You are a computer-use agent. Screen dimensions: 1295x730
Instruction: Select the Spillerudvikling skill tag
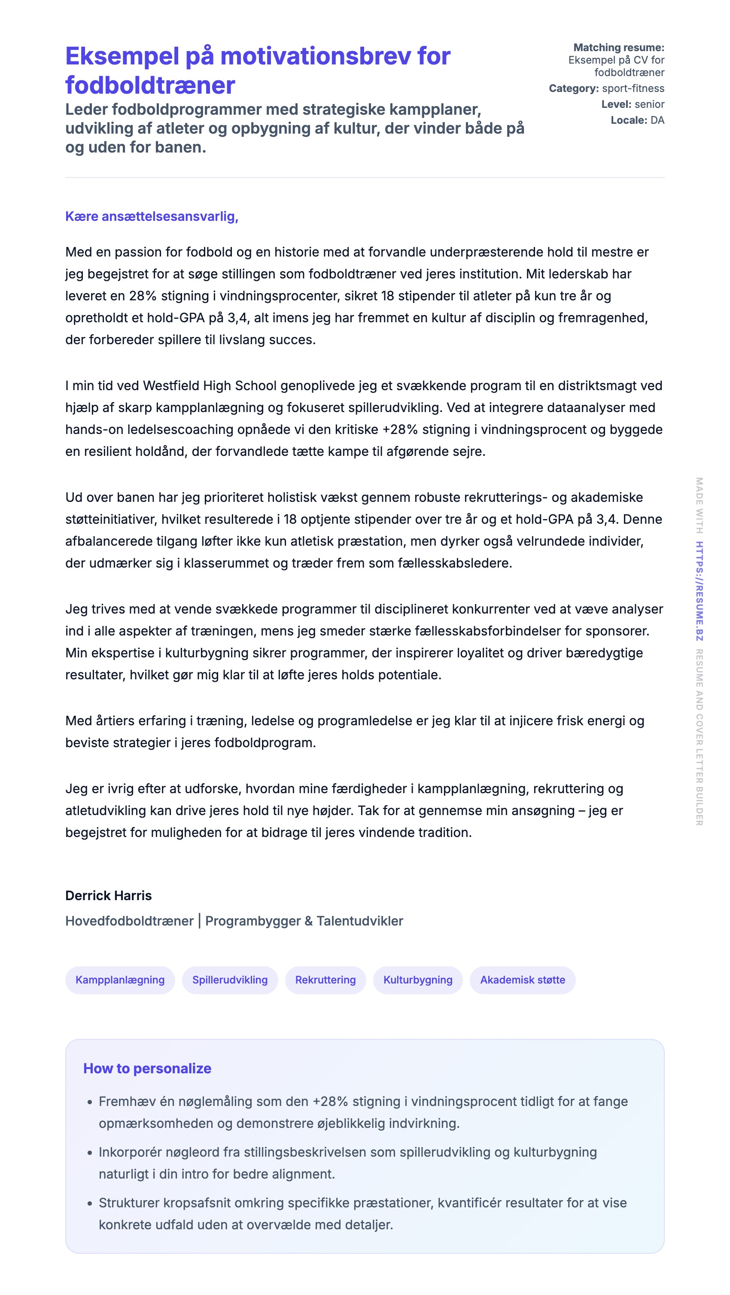click(x=230, y=980)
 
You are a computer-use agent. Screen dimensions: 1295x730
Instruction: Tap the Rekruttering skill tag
click(x=325, y=980)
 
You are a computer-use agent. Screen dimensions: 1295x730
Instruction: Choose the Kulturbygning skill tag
click(x=417, y=980)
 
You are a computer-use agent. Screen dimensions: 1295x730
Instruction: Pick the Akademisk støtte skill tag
click(x=522, y=980)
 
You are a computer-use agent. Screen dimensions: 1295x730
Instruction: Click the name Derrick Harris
click(x=109, y=895)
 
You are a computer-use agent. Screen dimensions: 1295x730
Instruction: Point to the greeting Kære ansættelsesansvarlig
click(x=152, y=217)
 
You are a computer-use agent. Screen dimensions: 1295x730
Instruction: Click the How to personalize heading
click(x=147, y=1068)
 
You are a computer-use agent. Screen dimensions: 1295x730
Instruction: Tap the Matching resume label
click(x=618, y=48)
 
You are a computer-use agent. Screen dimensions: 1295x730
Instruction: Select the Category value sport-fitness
click(x=633, y=89)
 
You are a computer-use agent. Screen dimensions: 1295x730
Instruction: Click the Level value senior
click(x=649, y=104)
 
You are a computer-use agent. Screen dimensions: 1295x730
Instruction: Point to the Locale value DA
click(x=657, y=120)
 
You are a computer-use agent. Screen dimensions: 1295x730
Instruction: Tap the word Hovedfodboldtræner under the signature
click(x=129, y=921)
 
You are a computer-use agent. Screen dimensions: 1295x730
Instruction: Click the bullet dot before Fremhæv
click(x=90, y=1103)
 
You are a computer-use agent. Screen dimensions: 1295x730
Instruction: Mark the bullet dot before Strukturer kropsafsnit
click(x=90, y=1204)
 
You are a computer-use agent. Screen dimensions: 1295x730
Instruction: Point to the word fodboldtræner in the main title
click(x=150, y=86)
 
